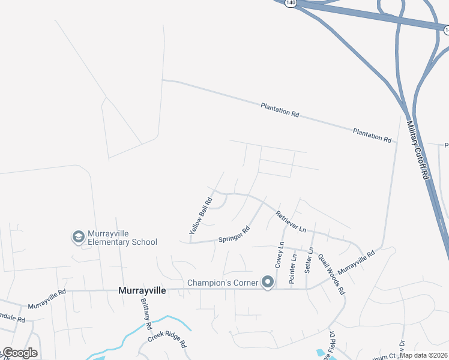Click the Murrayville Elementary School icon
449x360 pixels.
point(78,238)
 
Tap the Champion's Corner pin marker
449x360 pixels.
point(267,282)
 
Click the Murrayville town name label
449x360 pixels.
point(142,290)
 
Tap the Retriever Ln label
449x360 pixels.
point(291,222)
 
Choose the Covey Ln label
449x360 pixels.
point(280,255)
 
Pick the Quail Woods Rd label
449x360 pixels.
point(332,273)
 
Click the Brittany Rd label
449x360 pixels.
point(145,314)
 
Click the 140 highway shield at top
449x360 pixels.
point(291,2)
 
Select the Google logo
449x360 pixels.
point(19,353)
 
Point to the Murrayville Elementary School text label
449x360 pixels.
point(122,238)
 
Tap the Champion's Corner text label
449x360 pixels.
point(223,283)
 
